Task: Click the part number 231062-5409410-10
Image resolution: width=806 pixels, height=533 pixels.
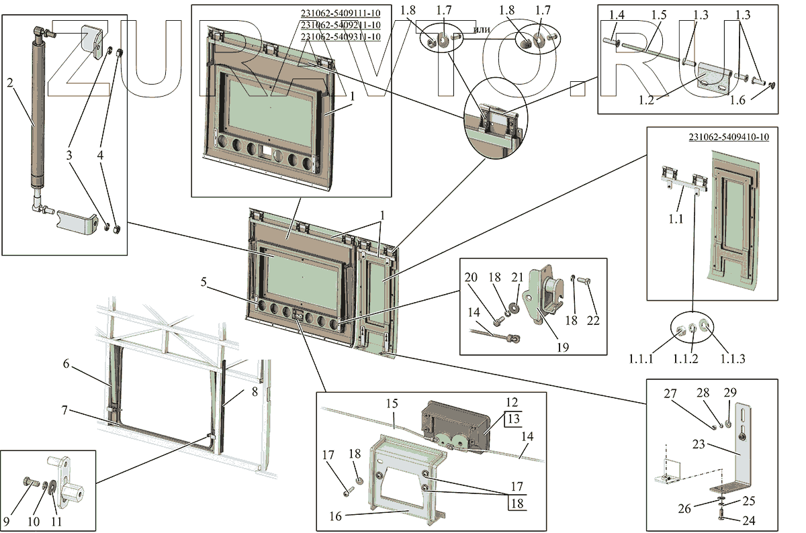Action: coord(729,137)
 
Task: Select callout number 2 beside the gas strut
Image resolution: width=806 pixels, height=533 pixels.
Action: coord(10,83)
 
